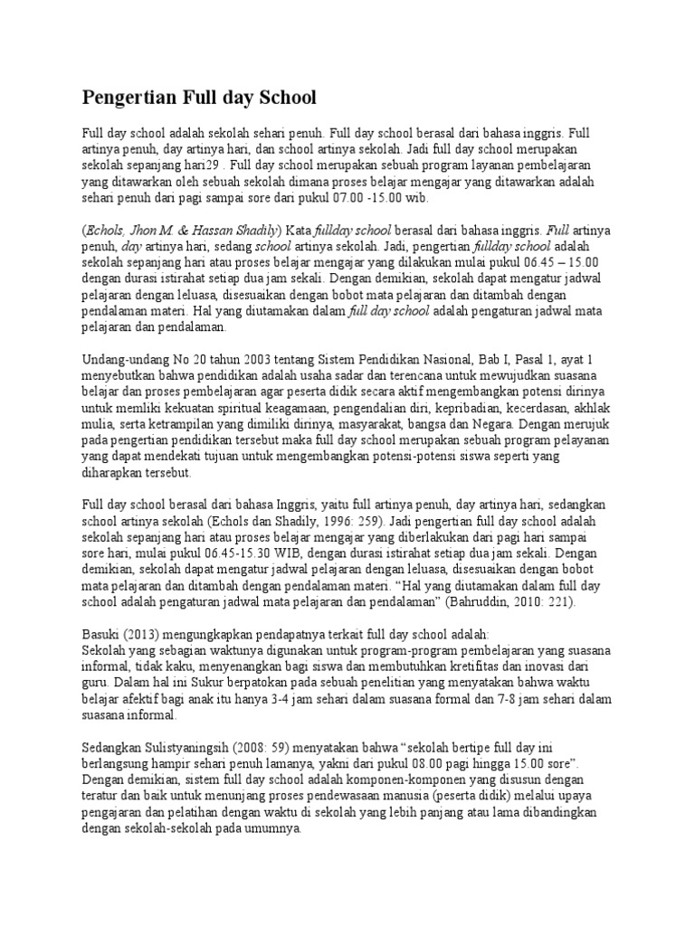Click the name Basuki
pos(102,633)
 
